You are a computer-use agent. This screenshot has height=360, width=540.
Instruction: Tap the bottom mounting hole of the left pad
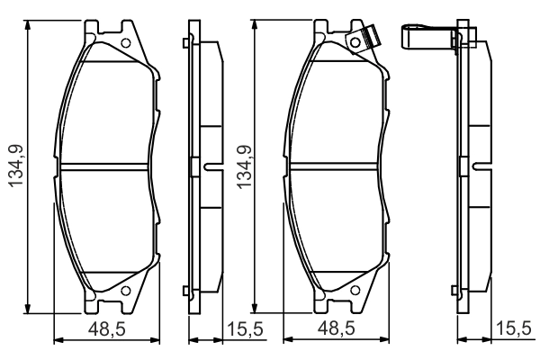point(125,289)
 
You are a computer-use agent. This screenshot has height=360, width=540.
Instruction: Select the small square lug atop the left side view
point(184,43)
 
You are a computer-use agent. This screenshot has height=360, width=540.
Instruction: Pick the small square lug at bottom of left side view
point(184,289)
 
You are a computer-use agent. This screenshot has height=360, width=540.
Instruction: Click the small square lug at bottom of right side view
point(455,289)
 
